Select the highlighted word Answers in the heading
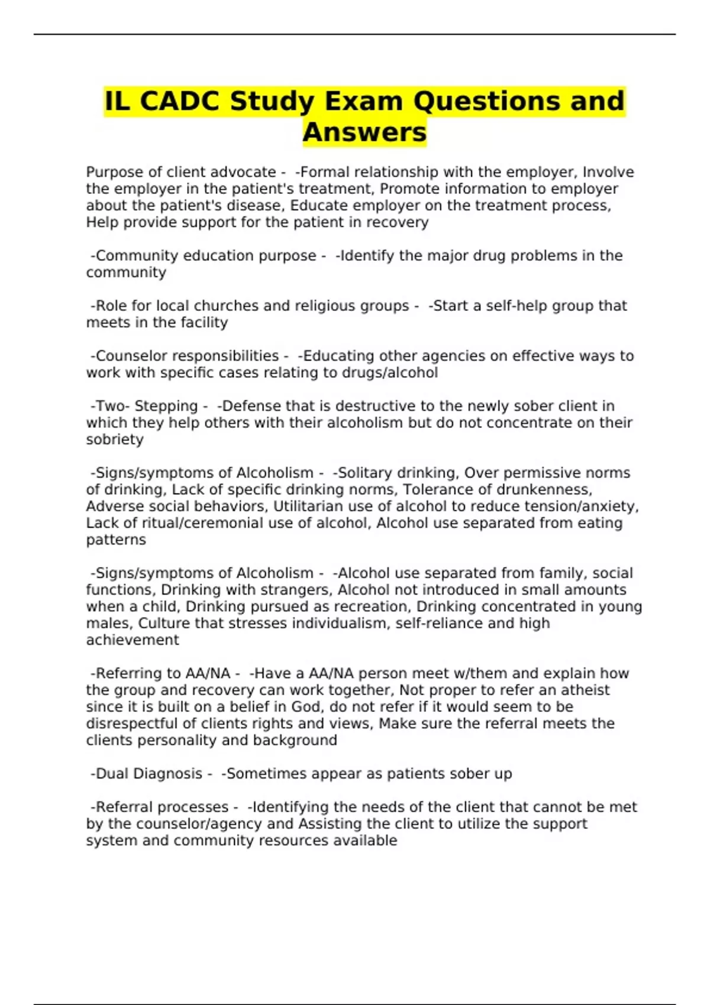(x=364, y=132)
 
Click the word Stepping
(x=166, y=406)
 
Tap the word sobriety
(x=115, y=439)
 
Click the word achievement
(x=133, y=640)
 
